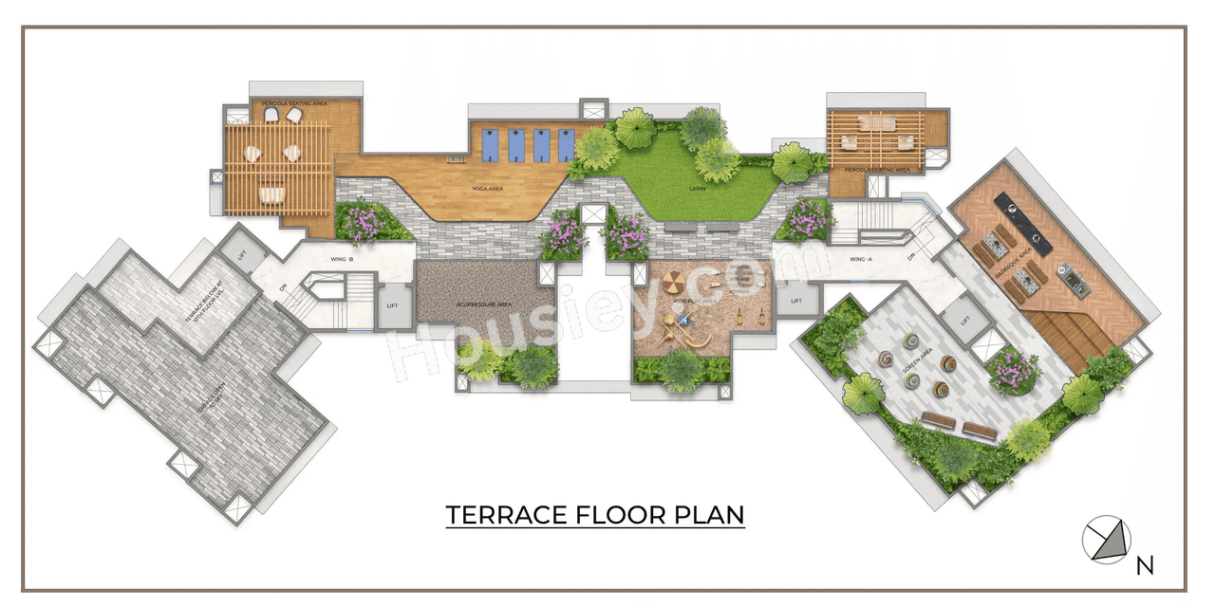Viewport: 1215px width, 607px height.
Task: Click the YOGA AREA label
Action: (x=487, y=189)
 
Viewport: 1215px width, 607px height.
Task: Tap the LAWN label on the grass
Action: (x=697, y=189)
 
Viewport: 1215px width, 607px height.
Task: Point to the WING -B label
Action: (x=342, y=258)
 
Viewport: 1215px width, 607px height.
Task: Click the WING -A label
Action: (x=861, y=258)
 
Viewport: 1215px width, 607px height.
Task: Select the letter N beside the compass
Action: (x=1146, y=566)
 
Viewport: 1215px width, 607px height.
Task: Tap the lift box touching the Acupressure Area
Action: (x=393, y=305)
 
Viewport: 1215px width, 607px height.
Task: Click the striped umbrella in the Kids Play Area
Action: (x=672, y=282)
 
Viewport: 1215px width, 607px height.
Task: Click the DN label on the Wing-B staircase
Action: (x=283, y=287)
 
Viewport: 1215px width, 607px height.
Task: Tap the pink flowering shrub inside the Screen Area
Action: (x=1012, y=371)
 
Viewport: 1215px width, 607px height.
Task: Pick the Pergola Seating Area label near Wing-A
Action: (x=877, y=170)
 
